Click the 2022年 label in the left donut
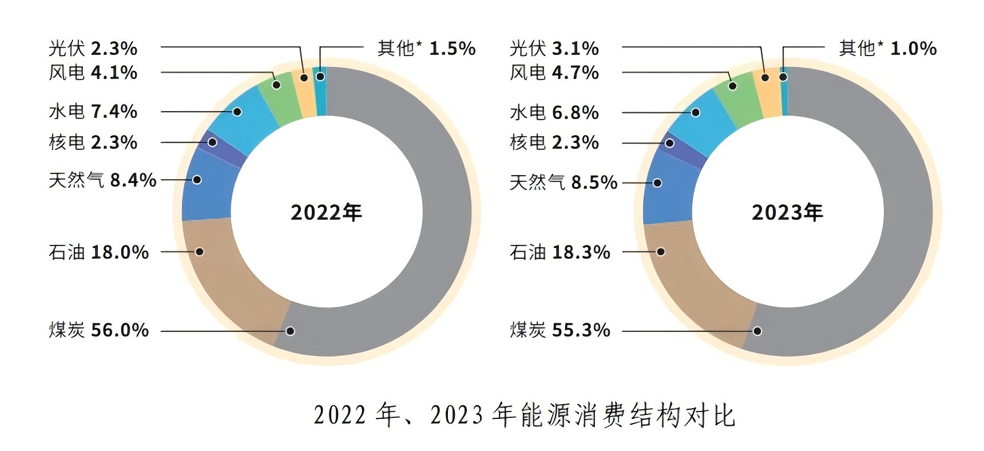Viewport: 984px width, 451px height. [326, 213]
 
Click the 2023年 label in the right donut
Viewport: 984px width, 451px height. [787, 213]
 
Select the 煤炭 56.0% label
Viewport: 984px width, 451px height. [98, 330]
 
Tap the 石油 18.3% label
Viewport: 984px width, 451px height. [560, 252]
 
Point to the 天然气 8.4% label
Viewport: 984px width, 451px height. [102, 180]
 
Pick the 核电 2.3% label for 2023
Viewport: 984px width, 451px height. [554, 143]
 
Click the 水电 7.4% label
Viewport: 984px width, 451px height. [93, 112]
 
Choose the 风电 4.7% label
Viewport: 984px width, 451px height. [554, 73]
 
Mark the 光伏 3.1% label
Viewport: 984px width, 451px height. [554, 49]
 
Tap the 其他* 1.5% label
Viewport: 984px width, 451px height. [426, 49]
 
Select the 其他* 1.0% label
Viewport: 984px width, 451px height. [887, 49]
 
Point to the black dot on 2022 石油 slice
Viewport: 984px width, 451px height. [200, 251]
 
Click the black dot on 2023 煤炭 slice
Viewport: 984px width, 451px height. [757, 331]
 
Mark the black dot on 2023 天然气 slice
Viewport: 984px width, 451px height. [658, 183]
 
